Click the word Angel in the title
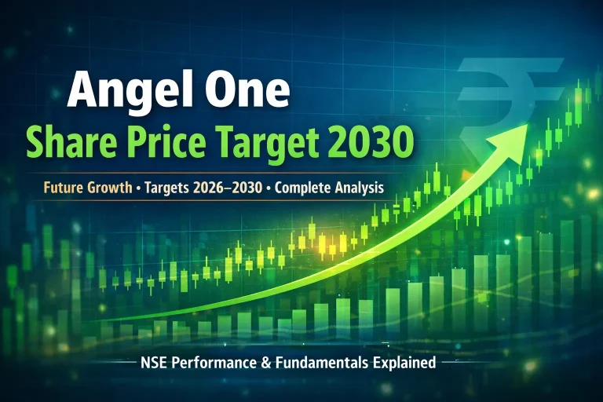coord(129,92)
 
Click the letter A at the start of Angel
coord(82,92)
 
